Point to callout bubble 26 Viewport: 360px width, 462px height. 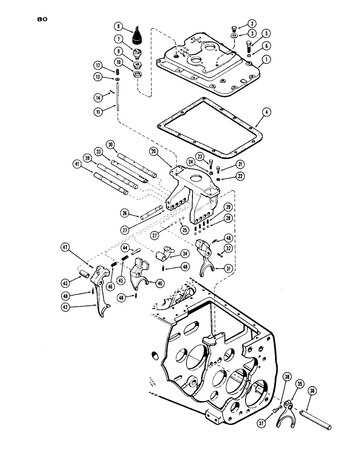[x=126, y=213]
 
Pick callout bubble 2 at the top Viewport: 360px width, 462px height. [x=252, y=23]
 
